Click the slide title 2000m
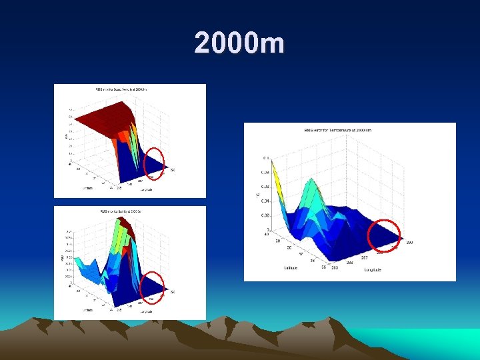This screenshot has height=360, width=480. tap(240, 44)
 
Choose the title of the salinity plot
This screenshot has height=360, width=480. tap(130, 211)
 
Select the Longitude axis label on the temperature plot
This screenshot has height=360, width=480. tap(373, 270)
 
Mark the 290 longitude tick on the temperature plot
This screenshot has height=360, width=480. tap(409, 243)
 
